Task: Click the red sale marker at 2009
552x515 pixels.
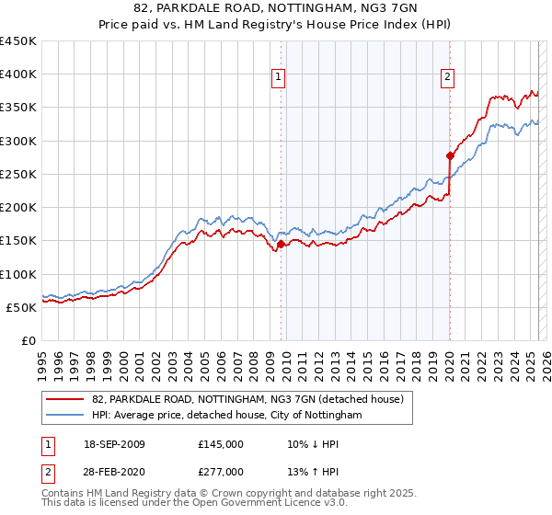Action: tap(281, 244)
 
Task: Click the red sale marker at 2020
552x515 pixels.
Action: tap(450, 155)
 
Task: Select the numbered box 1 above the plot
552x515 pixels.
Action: tap(279, 77)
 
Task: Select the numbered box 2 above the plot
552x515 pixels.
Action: tap(448, 77)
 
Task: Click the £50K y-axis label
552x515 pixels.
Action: tap(22, 307)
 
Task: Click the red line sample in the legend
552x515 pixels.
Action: tap(65, 399)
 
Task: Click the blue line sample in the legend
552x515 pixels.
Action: tap(65, 416)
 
